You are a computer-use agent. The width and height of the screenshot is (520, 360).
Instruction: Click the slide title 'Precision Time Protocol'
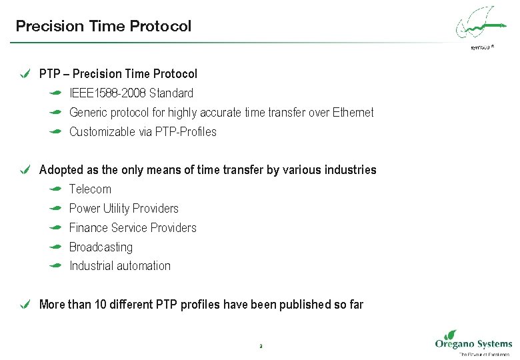(x=103, y=27)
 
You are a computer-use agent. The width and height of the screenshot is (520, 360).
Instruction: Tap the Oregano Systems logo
(x=473, y=343)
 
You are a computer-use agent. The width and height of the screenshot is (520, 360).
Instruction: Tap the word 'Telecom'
(x=90, y=189)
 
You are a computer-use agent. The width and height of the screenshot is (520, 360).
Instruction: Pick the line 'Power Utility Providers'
(x=123, y=209)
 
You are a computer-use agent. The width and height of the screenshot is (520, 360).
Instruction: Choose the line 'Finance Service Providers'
(x=133, y=228)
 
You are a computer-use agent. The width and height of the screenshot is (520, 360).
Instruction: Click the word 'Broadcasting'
(x=101, y=247)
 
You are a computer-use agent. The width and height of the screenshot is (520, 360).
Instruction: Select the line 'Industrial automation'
(x=119, y=266)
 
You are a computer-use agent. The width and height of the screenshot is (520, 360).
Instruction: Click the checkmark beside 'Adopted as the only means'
(x=25, y=170)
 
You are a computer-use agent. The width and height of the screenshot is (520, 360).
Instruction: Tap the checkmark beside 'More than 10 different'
(x=25, y=305)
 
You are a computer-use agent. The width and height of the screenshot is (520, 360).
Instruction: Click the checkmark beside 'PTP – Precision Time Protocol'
(x=25, y=74)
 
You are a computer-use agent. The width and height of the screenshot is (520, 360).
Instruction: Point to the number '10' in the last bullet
(x=101, y=305)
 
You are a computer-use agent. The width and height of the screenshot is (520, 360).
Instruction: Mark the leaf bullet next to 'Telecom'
(x=56, y=189)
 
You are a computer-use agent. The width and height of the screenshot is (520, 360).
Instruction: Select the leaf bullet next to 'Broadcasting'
(x=56, y=247)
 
